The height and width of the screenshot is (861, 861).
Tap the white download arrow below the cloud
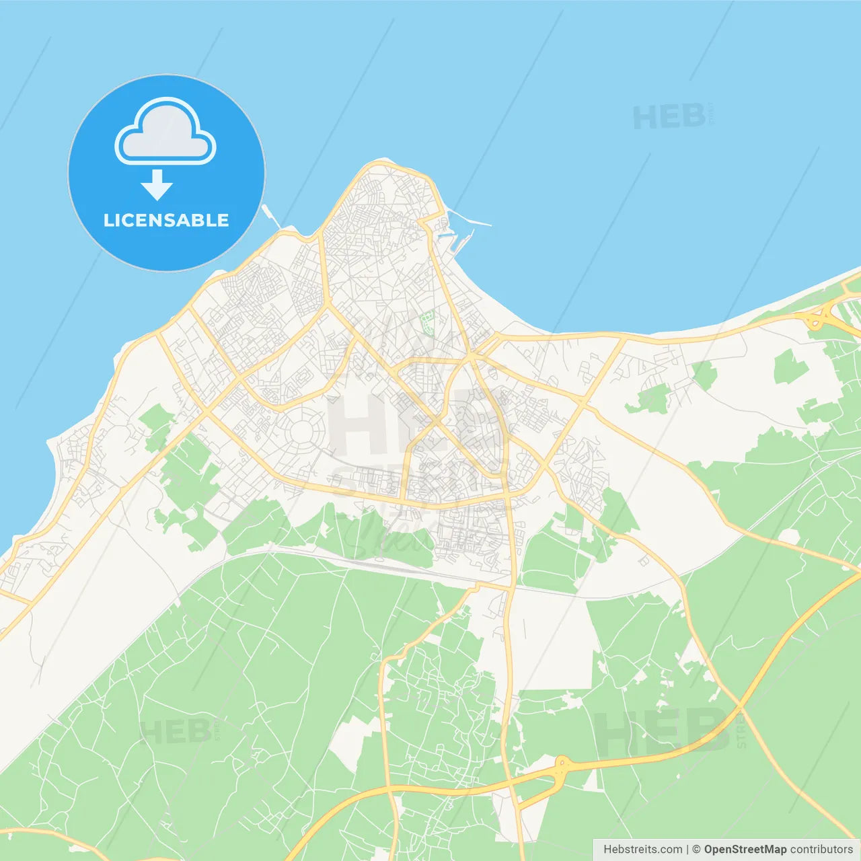157,185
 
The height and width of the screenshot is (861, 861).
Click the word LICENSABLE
166,220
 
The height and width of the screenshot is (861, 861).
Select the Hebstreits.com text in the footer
642,850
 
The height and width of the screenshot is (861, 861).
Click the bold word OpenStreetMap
745,850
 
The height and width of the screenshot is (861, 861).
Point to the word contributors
821,850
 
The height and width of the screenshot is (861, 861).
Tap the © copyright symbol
696,850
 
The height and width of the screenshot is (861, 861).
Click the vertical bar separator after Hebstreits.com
687,850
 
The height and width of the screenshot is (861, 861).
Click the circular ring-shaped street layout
302,431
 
